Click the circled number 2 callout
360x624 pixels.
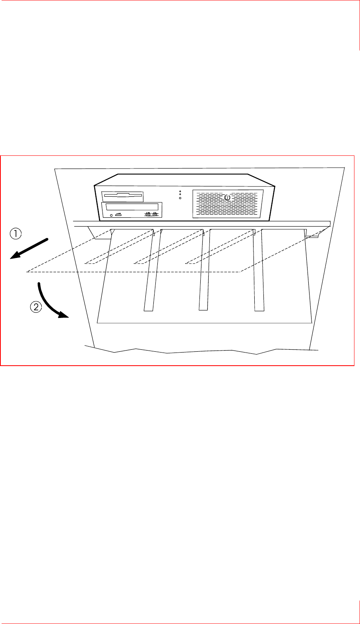click(36, 307)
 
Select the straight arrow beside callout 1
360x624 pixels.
click(29, 249)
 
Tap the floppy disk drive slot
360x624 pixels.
click(122, 195)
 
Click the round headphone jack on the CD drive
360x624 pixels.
click(111, 215)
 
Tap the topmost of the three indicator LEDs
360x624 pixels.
click(180, 191)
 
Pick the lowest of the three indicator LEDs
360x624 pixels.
click(180, 198)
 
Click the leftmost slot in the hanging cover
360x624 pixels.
click(149, 270)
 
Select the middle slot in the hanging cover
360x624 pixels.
click(204, 270)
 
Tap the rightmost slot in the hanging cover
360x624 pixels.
click(259, 270)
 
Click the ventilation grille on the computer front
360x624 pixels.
click(228, 204)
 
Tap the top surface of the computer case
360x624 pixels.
click(183, 180)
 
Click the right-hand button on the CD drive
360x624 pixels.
click(155, 215)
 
